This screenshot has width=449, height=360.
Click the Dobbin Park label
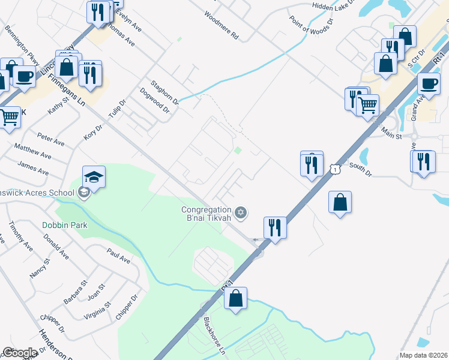coord(65,225)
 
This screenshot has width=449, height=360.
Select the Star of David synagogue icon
coord(241,212)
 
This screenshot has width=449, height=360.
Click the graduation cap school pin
coord(94,177)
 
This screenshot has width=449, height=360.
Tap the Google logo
coord(20,353)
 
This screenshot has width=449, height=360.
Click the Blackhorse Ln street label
coord(214,335)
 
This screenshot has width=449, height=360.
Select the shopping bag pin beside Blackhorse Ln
coord(236,298)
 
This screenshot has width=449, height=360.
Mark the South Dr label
coord(360,170)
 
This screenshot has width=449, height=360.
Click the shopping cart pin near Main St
coord(367,106)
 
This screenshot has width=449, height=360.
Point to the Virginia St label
coord(99,308)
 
